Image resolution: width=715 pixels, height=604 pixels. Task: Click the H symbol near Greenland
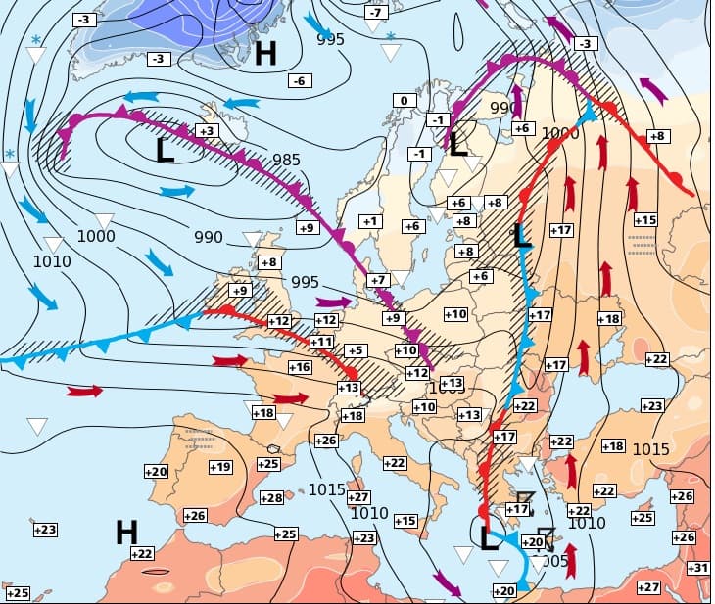[x=264, y=53]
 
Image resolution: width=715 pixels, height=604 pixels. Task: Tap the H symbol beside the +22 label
[x=126, y=533]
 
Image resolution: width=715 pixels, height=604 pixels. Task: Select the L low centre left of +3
[x=165, y=150]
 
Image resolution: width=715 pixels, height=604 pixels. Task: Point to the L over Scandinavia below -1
[x=457, y=145]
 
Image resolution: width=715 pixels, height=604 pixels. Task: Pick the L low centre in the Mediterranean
[x=490, y=538]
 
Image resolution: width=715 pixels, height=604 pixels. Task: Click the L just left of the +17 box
[x=522, y=235]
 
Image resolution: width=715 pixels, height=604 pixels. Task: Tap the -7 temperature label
[x=376, y=13]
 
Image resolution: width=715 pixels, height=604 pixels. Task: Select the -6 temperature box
[x=300, y=80]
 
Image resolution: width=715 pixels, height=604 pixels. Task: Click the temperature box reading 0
[x=405, y=100]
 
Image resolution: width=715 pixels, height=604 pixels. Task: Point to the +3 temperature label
[x=207, y=130]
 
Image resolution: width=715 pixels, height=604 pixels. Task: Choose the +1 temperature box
[x=369, y=221]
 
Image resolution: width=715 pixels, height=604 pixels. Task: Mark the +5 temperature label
[x=355, y=350]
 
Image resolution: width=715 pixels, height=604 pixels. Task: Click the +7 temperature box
[x=378, y=280]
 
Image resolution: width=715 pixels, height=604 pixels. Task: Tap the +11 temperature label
[x=321, y=342]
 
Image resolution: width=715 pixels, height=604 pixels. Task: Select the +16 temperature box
[x=300, y=367]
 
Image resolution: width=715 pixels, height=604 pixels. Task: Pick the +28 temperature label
[x=271, y=498]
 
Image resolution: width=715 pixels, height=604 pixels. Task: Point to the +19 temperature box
[x=220, y=467]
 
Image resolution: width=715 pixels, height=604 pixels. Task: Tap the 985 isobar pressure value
[x=287, y=160]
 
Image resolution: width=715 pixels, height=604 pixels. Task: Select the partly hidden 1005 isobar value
[x=554, y=561]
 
